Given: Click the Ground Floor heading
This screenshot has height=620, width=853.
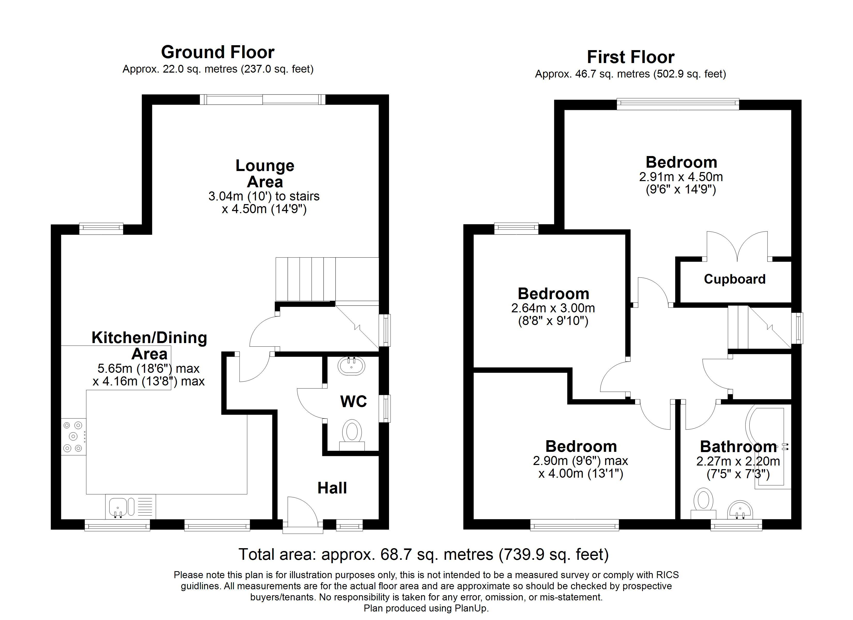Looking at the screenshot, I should [x=217, y=52].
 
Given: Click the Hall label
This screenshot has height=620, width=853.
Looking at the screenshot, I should [x=332, y=488].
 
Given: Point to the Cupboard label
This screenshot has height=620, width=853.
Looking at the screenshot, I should [x=735, y=279].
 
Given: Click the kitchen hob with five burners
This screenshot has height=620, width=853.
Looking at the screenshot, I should [x=73, y=437].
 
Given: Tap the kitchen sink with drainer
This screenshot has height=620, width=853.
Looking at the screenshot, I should [x=130, y=506].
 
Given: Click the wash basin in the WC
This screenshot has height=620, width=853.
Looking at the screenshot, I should [x=351, y=366].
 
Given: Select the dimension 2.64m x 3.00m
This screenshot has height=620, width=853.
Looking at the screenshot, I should [x=553, y=308].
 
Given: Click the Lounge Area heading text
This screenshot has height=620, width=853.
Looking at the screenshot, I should [x=265, y=174].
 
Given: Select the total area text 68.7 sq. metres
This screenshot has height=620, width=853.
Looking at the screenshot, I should [x=423, y=555].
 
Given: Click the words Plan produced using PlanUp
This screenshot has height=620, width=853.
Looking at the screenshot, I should [x=426, y=608].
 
